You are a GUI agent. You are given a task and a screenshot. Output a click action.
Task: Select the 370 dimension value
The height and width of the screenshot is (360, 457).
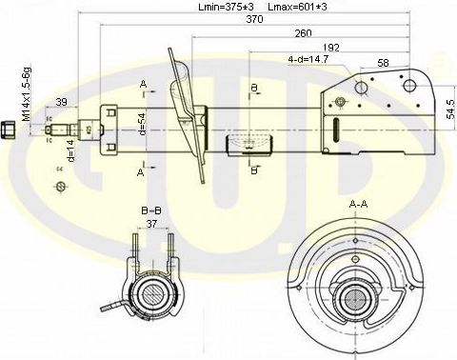[x=252, y=20]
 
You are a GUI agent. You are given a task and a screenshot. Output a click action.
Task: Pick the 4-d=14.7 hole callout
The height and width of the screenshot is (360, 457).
[x=308, y=58]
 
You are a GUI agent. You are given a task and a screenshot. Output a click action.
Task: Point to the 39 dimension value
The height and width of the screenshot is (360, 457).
[x=61, y=102]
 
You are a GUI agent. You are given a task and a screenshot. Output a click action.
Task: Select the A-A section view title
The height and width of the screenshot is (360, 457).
[x=359, y=205]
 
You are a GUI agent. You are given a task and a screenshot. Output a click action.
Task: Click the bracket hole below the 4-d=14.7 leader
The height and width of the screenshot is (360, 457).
[x=361, y=89]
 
